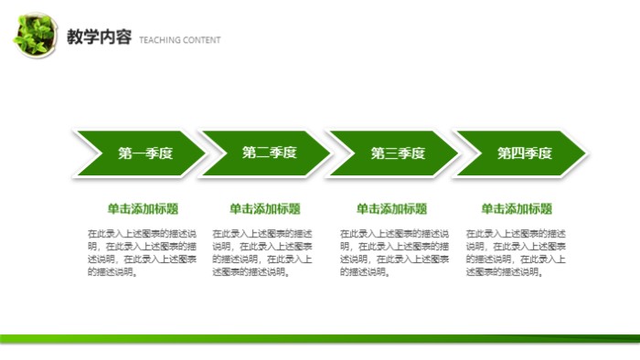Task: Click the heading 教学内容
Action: (99, 37)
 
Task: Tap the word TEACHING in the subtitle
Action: (159, 40)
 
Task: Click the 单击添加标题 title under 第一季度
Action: (142, 208)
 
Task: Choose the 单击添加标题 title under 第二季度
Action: (265, 208)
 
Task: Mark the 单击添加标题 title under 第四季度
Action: (517, 208)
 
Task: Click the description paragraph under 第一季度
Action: (142, 252)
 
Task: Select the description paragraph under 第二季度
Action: (265, 252)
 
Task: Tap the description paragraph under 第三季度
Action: (393, 252)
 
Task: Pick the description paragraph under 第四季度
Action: (517, 252)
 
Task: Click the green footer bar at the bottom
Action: (320, 338)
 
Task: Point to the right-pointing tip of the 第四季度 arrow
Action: (583, 154)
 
